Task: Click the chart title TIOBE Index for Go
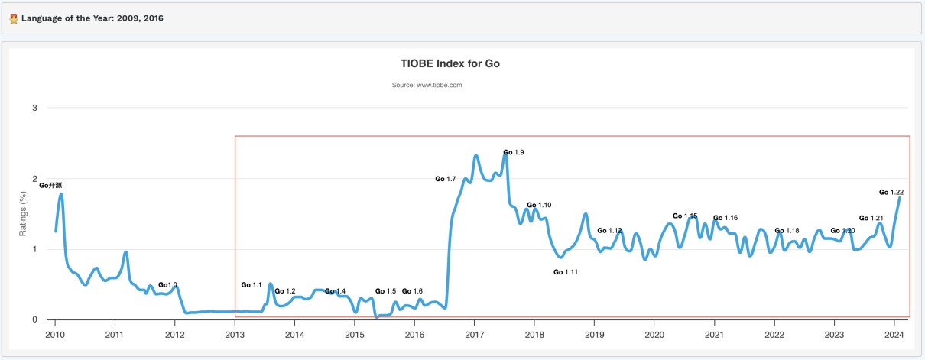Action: (x=450, y=63)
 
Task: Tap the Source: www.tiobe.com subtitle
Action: (x=427, y=85)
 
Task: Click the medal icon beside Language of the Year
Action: (x=14, y=18)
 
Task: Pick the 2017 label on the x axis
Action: (x=474, y=335)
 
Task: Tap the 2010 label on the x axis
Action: (x=55, y=335)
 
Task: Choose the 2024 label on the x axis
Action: (x=894, y=335)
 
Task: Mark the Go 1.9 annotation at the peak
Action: (x=513, y=153)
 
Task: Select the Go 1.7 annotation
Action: (x=446, y=179)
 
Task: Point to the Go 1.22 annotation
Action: (x=891, y=193)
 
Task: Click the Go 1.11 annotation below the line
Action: (x=565, y=272)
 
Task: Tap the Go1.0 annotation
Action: (x=167, y=285)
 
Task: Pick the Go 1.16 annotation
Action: (x=725, y=218)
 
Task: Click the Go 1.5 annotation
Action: (x=385, y=291)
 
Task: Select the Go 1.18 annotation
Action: (x=787, y=231)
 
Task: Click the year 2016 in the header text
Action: (x=151, y=18)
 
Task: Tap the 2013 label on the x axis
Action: (x=235, y=335)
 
